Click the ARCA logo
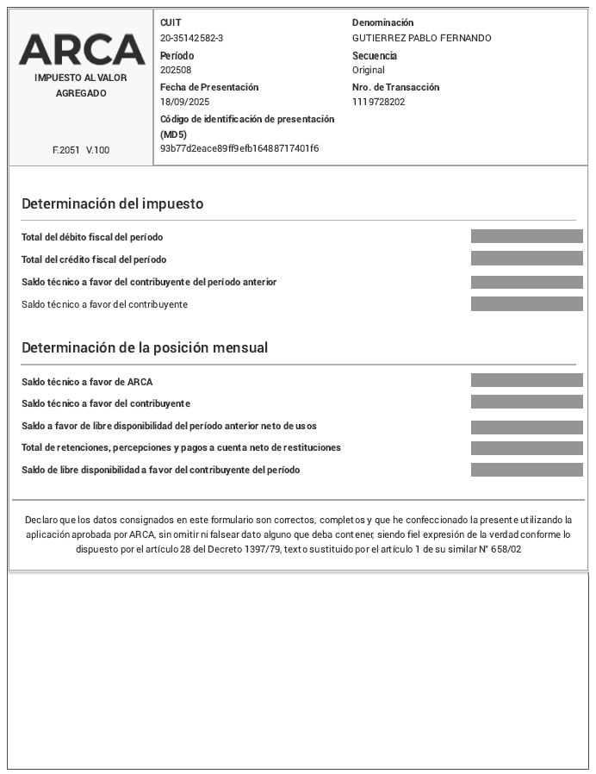click(x=82, y=49)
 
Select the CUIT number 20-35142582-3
click(x=191, y=38)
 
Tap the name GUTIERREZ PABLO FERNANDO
click(x=421, y=38)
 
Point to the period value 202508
click(x=176, y=70)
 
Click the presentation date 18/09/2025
click(x=184, y=102)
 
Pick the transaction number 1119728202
click(x=378, y=102)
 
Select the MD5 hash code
click(x=239, y=148)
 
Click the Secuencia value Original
click(x=368, y=70)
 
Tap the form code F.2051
click(x=66, y=150)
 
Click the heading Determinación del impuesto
click(x=112, y=204)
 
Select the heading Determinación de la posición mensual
click(x=145, y=348)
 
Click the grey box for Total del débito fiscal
click(x=526, y=236)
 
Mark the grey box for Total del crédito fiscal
click(x=526, y=259)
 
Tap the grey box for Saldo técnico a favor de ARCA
click(x=526, y=380)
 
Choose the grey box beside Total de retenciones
click(x=526, y=448)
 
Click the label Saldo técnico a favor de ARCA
click(x=87, y=382)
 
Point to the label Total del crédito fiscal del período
click(x=94, y=259)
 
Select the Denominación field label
click(x=382, y=22)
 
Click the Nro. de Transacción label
click(x=395, y=87)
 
